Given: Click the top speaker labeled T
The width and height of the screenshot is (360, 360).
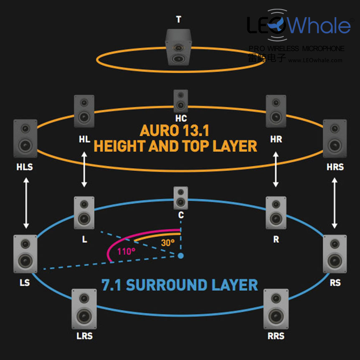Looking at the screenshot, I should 179,46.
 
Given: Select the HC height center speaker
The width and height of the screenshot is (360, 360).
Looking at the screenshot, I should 180,101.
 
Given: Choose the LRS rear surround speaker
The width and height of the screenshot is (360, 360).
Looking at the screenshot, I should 84,308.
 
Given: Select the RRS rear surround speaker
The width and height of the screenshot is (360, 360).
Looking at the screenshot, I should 276,308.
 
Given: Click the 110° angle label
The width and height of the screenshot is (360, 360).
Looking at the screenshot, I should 127,252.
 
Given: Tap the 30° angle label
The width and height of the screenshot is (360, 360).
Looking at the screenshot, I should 168,242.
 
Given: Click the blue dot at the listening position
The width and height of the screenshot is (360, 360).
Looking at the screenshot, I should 180,255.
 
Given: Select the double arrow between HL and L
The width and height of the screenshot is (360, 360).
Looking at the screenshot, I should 84,169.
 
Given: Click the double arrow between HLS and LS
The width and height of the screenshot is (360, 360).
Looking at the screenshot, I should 26,203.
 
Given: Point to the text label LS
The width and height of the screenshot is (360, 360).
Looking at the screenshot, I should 25,283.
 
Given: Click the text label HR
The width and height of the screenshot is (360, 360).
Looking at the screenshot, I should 276,139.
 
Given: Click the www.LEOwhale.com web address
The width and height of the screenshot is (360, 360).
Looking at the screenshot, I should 315,60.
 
